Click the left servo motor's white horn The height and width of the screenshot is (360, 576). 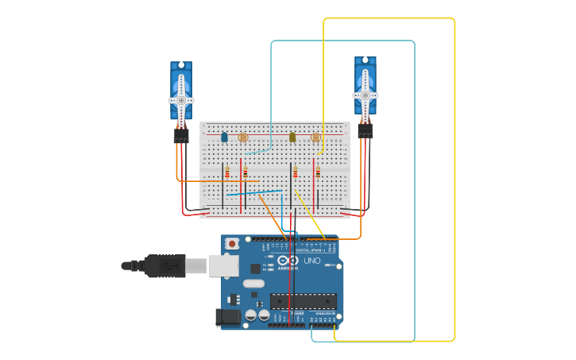click(181, 100)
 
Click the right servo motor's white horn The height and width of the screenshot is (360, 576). click(365, 95)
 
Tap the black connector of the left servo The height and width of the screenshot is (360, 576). click(181, 136)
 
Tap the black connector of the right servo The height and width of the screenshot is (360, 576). click(365, 131)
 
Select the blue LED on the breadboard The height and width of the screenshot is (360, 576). click(224, 137)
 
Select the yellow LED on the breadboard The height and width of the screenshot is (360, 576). click(292, 137)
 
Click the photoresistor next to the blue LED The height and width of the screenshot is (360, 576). click(243, 137)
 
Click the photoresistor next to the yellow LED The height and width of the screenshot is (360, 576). click(315, 137)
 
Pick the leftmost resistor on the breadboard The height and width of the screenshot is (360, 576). click(227, 172)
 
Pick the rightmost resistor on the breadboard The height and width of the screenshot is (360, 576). click(318, 172)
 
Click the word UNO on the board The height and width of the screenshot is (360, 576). click(312, 261)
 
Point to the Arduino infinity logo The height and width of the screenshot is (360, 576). click(289, 261)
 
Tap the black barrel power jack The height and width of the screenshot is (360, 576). click(228, 317)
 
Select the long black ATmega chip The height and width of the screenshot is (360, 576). click(303, 301)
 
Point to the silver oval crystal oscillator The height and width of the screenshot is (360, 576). click(253, 283)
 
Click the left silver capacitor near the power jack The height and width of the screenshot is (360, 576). click(251, 315)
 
